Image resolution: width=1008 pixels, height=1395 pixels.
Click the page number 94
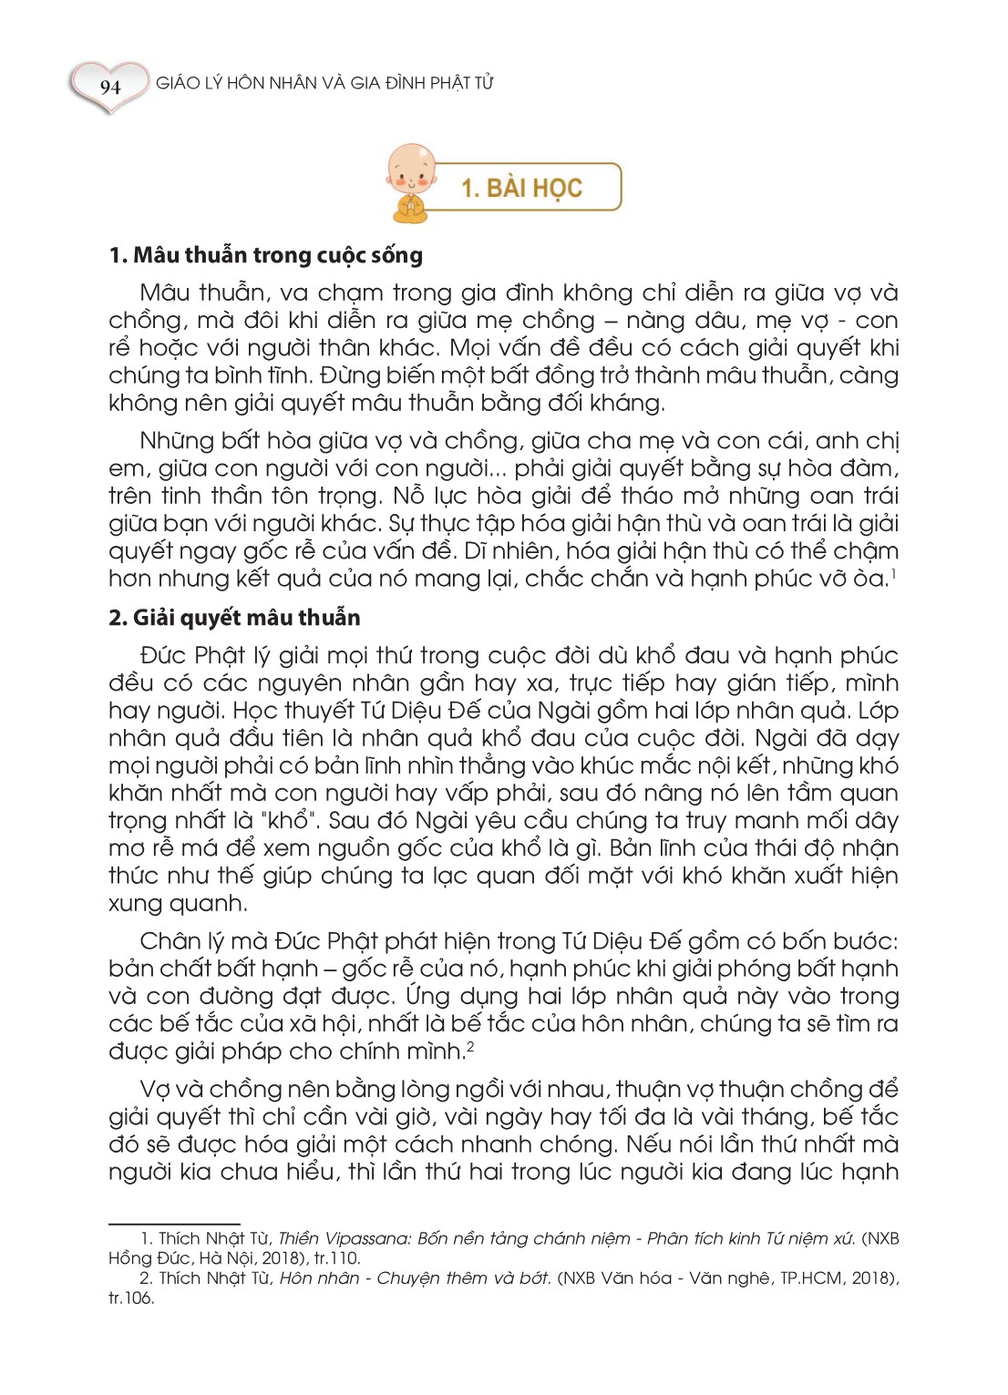tap(110, 87)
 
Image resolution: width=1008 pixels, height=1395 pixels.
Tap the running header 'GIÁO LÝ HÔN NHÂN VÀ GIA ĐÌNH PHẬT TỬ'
tap(324, 83)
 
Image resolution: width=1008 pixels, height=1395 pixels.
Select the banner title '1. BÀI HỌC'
tap(521, 188)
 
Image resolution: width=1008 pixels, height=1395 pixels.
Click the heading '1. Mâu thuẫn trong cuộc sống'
tap(265, 255)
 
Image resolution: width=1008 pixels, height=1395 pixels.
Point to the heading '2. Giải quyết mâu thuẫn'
tap(234, 618)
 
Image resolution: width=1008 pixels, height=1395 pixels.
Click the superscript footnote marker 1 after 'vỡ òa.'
tap(894, 573)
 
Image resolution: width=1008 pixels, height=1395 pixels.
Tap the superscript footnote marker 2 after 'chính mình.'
tap(470, 1046)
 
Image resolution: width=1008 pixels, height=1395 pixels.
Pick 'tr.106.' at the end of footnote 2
tap(131, 1298)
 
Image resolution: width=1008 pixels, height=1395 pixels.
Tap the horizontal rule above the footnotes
tap(174, 1225)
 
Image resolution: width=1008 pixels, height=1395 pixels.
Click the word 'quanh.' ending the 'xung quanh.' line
tap(211, 904)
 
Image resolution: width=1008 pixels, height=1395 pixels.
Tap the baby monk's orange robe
tap(411, 208)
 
